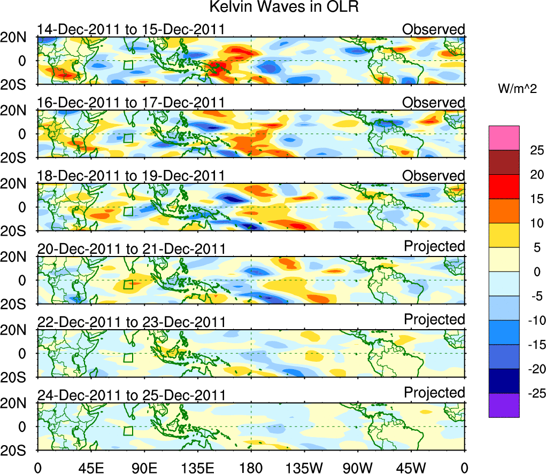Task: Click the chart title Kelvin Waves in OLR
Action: click(283, 7)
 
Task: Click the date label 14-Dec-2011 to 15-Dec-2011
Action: click(130, 29)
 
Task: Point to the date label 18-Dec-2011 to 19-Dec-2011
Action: click(130, 176)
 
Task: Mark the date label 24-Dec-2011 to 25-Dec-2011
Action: click(130, 395)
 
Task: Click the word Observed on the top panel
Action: click(433, 29)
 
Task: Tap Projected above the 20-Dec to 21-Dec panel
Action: click(434, 246)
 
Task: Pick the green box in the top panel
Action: click(128, 65)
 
